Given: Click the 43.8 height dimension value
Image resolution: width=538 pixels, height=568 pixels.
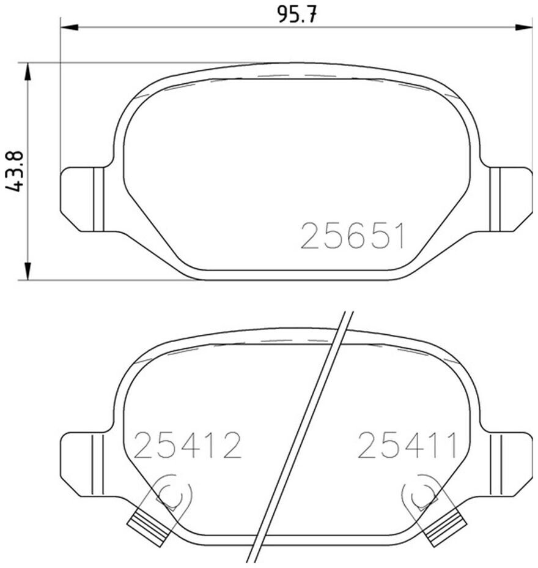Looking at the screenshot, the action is (15, 171).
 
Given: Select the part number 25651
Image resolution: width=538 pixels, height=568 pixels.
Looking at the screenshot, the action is (352, 236).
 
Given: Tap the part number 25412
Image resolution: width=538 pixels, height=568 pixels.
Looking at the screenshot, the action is (187, 445).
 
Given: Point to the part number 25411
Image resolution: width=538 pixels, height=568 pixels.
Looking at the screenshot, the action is (407, 444).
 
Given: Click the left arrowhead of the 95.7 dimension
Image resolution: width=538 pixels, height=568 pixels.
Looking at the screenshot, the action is (69, 27).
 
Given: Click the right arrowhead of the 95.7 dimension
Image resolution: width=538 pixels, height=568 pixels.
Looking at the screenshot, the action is (523, 27).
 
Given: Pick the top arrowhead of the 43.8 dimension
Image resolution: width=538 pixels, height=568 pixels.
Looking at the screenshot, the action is (28, 72).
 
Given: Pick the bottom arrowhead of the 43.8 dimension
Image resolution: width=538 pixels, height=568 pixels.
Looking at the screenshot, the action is (28, 271).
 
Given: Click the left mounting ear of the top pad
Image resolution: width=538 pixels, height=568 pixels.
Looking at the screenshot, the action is (83, 199).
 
